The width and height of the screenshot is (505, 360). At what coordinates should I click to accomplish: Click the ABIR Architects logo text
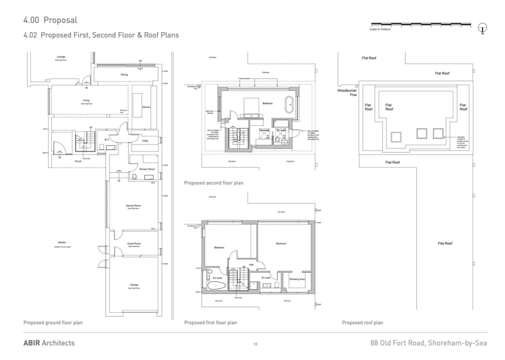click(x=49, y=343)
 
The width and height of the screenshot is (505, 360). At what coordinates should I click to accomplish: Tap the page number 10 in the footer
click(x=255, y=344)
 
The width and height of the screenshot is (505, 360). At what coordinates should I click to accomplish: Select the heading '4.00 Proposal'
click(x=50, y=20)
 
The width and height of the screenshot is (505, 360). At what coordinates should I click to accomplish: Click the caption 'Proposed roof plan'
click(x=362, y=323)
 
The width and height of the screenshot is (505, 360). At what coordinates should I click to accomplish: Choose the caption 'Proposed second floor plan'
click(x=214, y=182)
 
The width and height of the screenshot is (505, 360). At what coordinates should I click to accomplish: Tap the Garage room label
click(x=134, y=285)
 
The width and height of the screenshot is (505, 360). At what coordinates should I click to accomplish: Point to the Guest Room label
click(x=134, y=243)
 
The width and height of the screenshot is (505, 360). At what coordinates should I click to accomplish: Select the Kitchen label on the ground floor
click(x=146, y=107)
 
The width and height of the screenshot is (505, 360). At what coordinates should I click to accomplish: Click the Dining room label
click(x=124, y=75)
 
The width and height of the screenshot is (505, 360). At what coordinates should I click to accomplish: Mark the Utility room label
click(x=145, y=141)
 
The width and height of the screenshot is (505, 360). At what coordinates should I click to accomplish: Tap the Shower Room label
click(x=147, y=169)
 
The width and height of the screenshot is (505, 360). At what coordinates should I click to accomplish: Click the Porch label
click(x=78, y=161)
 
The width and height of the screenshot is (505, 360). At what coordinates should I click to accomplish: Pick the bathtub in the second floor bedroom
click(x=289, y=105)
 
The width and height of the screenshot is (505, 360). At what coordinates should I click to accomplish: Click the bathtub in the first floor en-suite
click(x=216, y=286)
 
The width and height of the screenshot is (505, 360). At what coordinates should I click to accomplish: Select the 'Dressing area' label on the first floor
click(x=297, y=279)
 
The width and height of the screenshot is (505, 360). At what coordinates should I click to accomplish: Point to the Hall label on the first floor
click(x=251, y=265)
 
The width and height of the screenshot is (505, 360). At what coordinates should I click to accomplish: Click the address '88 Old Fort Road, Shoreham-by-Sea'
click(x=429, y=343)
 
